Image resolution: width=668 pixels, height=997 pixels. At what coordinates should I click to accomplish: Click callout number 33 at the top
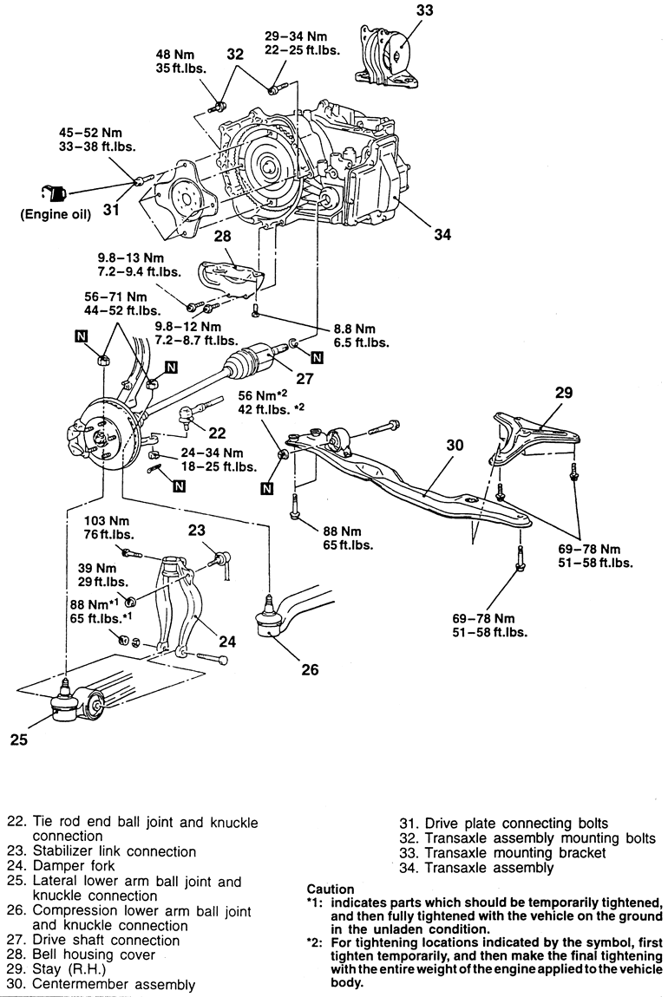click(x=424, y=11)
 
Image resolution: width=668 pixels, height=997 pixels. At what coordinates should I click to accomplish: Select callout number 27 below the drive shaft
click(x=305, y=378)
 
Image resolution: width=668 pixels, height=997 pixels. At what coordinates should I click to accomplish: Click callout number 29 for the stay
click(x=563, y=393)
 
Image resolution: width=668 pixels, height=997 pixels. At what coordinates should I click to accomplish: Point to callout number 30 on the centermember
click(x=455, y=445)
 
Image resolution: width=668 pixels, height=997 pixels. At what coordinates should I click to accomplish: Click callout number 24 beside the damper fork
click(x=226, y=642)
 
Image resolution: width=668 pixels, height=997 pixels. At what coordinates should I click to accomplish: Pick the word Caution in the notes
click(x=331, y=889)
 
